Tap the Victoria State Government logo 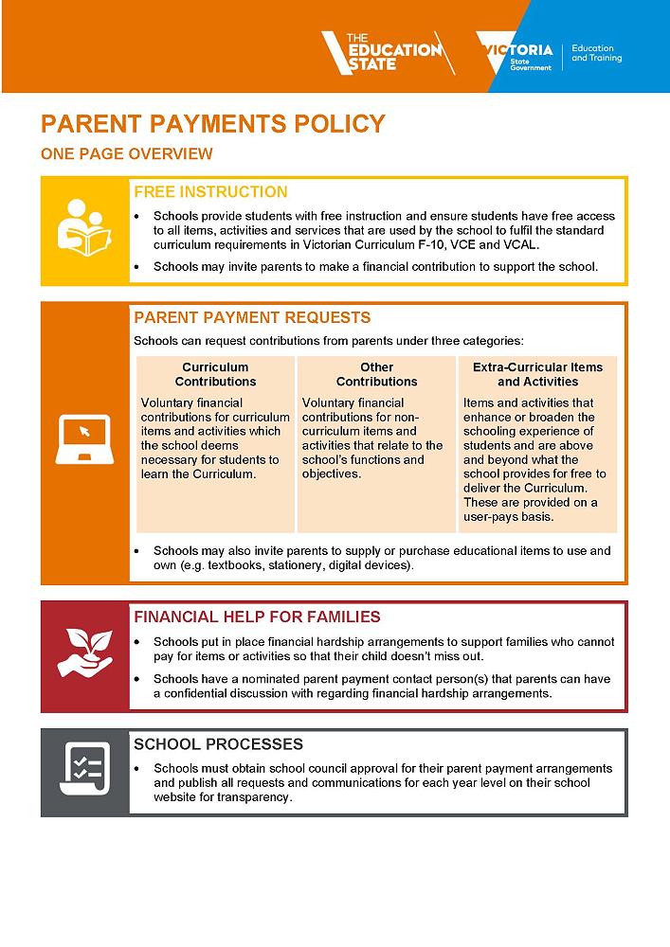tap(516, 56)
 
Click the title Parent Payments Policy tap(213, 124)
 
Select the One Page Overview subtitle tap(126, 154)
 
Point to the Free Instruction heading tap(210, 191)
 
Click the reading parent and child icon tap(84, 230)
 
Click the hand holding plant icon tap(83, 653)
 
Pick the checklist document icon tap(83, 771)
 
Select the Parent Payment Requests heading tap(252, 317)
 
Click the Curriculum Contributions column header tap(215, 374)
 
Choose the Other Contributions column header tap(376, 374)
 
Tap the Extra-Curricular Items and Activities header tap(537, 374)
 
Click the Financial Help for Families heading tap(257, 616)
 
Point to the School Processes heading tap(218, 744)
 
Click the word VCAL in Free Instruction tap(519, 245)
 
